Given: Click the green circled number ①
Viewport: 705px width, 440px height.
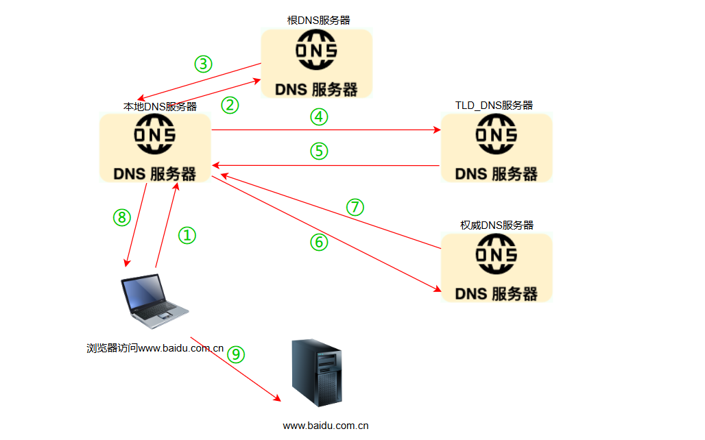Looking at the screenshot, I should coord(187,236).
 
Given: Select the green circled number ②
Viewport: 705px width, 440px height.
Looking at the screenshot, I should coord(230,105).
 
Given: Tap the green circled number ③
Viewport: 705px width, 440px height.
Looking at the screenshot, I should coord(203,64).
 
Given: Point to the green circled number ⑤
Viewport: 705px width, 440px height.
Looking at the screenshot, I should coord(319,151).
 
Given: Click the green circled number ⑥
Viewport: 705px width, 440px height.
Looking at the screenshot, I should coord(319,242).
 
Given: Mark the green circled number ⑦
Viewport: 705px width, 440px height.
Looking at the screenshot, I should coord(355,207).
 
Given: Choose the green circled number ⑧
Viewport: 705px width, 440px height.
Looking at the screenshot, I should coord(121,217).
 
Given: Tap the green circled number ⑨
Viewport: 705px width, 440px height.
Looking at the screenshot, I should coord(235,354).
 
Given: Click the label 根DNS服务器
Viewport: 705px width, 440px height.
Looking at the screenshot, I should coord(318,21).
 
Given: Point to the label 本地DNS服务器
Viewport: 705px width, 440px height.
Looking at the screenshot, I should coord(160,106).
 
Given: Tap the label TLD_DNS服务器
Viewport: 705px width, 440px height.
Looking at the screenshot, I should coord(494,105).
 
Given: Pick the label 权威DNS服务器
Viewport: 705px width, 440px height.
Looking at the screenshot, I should coord(497,225).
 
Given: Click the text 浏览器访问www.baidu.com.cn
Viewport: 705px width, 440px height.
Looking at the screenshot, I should coord(155,348).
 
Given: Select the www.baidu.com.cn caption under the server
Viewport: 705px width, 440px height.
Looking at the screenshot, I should coord(326,425).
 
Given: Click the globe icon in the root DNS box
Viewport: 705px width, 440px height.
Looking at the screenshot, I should coord(316,53).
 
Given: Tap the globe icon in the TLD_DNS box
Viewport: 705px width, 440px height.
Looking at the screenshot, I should coord(496,134).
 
